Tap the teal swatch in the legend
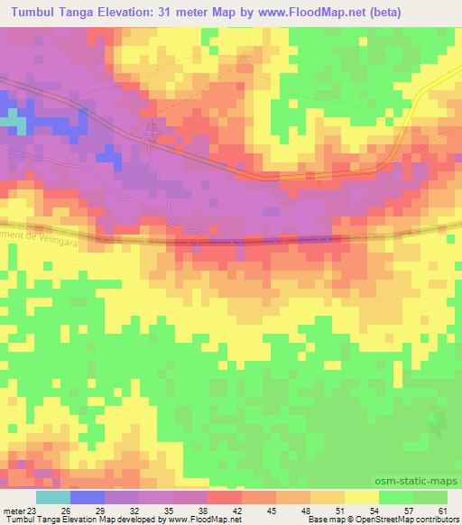click(x=54, y=497)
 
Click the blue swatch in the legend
click(x=88, y=497)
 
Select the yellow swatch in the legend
click(x=362, y=497)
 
